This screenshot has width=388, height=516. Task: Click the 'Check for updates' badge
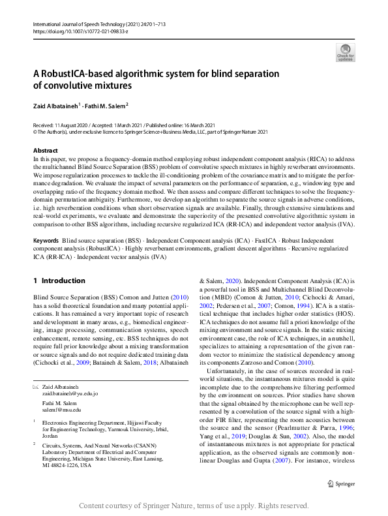[345, 53]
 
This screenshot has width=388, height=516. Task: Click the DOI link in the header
[72, 31]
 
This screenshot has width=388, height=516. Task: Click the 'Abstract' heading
[45, 151]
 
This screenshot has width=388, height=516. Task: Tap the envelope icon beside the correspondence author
[36, 387]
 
